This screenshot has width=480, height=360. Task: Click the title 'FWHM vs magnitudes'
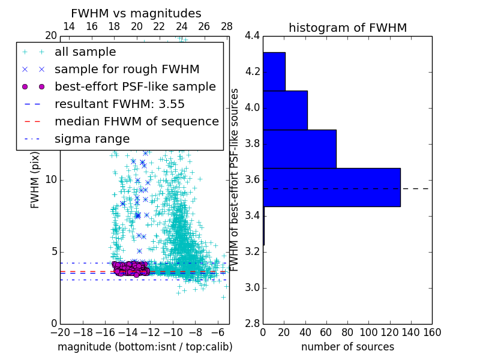136,13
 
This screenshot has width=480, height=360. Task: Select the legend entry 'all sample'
85,52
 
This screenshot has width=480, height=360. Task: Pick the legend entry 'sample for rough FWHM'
127,70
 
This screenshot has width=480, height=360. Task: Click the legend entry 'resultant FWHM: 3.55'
119,104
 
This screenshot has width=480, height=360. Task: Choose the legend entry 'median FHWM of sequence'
136,121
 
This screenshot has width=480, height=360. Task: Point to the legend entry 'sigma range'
92,139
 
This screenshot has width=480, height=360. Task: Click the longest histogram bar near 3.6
331,187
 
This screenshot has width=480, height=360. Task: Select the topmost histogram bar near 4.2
274,71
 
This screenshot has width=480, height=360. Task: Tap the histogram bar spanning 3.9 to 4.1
285,110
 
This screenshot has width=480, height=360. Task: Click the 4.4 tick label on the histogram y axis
252,36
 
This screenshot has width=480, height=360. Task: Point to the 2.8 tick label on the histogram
252,324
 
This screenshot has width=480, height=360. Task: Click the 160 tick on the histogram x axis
432,332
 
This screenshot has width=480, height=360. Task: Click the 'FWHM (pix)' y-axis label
35,180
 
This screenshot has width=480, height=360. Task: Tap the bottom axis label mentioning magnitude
145,347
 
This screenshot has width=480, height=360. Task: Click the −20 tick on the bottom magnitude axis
60,332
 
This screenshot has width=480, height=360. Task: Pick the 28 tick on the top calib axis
227,26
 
